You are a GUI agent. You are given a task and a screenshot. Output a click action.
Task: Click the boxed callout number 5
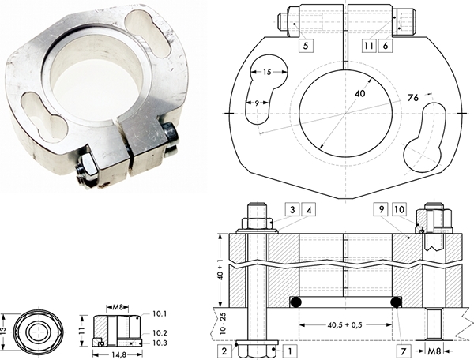click(x=306, y=46)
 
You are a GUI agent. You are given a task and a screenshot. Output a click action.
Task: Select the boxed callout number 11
click(x=369, y=46)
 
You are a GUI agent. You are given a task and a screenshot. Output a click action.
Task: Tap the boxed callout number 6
click(x=386, y=46)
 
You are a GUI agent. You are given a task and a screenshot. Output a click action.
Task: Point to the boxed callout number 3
click(x=292, y=209)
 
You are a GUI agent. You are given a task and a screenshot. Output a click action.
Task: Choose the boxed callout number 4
click(x=309, y=209)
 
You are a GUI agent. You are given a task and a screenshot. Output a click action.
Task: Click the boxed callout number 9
click(x=382, y=209)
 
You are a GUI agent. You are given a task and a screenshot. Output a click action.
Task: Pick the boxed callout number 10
click(x=399, y=209)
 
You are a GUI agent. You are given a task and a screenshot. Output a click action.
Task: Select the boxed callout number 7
click(x=404, y=351)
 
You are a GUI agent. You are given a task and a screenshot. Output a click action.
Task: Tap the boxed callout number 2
click(x=224, y=351)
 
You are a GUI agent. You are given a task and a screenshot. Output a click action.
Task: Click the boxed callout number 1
click(x=290, y=351)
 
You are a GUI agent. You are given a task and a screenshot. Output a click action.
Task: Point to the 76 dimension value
click(x=413, y=98)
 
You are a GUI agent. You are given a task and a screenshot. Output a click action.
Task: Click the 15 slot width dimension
click(x=267, y=72)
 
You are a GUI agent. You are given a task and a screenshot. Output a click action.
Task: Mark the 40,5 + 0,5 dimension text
click(x=344, y=325)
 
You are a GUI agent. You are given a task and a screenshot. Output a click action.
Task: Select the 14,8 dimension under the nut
click(x=118, y=354)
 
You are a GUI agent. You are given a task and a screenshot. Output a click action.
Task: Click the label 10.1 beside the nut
click(x=160, y=314)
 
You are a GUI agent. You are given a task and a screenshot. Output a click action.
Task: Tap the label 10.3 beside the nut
click(x=160, y=343)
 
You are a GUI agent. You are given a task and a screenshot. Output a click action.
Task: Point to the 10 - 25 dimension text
click(x=223, y=323)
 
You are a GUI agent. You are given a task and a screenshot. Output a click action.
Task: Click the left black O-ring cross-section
click(x=295, y=302)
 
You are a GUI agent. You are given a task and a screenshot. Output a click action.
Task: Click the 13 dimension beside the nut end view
click(x=2, y=331)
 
